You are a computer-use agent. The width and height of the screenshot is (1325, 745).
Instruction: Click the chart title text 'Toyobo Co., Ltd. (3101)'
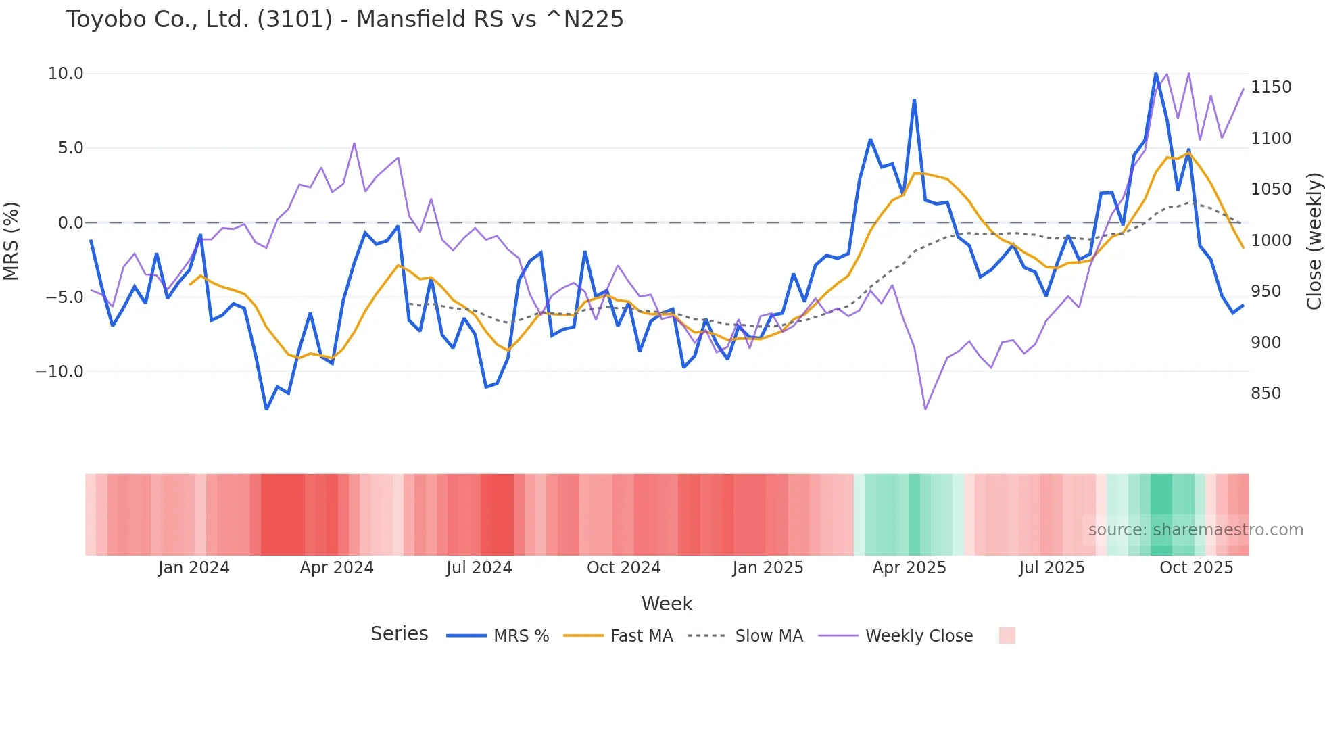pos(199,20)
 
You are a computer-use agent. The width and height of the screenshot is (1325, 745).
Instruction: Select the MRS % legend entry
pos(498,636)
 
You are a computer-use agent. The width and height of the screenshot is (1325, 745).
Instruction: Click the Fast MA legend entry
pos(618,636)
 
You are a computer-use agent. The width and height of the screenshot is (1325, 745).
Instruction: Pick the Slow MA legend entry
pos(746,636)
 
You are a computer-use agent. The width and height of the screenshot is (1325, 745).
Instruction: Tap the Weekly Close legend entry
pos(896,636)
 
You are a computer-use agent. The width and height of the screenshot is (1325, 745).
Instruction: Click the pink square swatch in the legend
pos(1007,635)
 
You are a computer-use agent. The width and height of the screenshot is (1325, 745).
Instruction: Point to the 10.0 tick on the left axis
pos(66,74)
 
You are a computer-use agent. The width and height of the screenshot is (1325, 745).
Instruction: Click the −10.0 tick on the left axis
pos(59,372)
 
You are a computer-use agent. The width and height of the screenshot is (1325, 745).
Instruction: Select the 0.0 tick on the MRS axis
pos(70,223)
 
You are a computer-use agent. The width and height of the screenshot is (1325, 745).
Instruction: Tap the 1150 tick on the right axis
pos(1271,87)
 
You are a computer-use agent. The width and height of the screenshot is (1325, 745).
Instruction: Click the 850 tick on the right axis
pos(1266,393)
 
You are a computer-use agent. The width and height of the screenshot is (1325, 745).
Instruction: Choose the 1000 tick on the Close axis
pos(1271,241)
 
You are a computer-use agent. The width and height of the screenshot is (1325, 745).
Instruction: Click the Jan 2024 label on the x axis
pos(194,568)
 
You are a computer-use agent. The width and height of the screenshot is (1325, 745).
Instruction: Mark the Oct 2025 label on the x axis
pos(1196,568)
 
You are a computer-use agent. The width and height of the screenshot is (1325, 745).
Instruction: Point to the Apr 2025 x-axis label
pos(909,568)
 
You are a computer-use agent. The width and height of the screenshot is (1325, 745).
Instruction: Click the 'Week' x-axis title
pos(667,604)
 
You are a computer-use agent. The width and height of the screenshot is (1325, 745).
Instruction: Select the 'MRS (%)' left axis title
pos(11,241)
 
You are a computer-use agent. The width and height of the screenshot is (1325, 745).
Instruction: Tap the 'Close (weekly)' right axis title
pos(1314,241)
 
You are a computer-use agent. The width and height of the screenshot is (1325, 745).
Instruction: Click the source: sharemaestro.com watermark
pos(1195,530)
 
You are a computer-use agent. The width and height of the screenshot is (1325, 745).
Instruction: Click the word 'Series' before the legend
pos(399,634)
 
